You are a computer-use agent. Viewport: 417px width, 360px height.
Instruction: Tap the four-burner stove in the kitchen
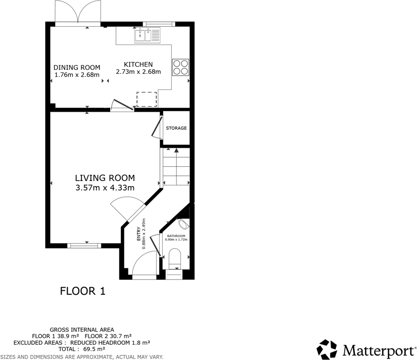[180, 67]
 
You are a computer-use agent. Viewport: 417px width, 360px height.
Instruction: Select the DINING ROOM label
[77, 68]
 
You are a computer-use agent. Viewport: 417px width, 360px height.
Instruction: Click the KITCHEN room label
[138, 65]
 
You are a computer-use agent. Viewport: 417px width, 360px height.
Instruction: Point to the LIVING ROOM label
[105, 178]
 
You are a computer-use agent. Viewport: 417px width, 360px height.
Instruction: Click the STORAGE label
[176, 128]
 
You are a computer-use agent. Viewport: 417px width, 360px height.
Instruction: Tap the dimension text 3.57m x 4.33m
[105, 188]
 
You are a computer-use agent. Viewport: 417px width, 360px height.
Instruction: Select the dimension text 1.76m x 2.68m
[77, 75]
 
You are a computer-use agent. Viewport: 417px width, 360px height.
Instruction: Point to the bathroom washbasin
[184, 223]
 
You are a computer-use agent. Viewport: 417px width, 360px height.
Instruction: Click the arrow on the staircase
[175, 150]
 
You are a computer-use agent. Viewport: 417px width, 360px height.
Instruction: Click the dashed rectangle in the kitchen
[147, 99]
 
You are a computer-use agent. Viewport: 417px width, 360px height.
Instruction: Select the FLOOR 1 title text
[82, 291]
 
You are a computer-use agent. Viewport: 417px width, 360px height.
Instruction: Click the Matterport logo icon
[327, 349]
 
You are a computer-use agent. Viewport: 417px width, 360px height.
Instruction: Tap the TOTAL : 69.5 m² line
[81, 349]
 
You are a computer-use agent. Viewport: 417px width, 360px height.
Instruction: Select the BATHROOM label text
[176, 236]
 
